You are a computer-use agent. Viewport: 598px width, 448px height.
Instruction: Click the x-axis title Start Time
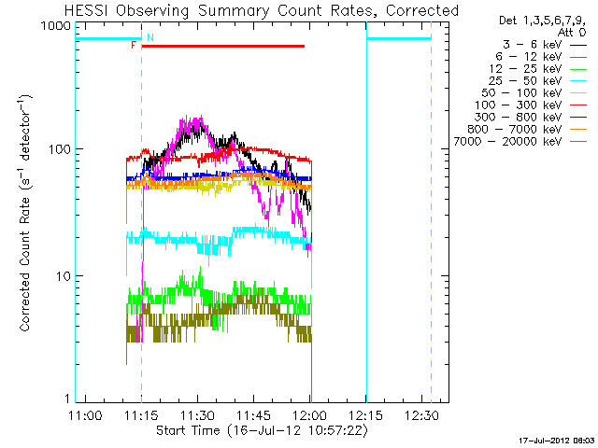point(262,430)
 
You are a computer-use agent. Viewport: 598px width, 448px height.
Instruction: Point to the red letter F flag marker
point(134,45)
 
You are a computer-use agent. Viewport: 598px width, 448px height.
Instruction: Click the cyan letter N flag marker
point(149,36)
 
